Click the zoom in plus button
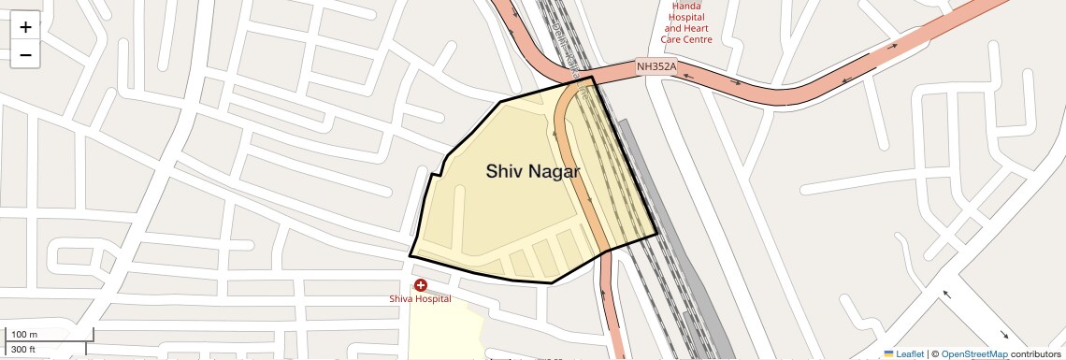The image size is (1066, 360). point(25,27)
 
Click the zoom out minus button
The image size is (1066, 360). point(25,55)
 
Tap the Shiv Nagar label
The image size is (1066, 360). point(532,172)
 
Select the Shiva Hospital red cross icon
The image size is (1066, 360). point(421,285)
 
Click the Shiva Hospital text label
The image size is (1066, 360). point(421,299)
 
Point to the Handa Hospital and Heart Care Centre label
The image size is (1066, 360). point(686,22)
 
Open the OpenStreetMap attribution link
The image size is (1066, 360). point(974,353)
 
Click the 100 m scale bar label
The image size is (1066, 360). point(24,335)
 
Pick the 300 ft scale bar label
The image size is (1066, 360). point(23,350)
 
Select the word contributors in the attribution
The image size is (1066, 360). point(1035,353)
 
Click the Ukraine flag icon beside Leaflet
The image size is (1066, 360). point(888,353)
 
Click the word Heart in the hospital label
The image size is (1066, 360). point(698,28)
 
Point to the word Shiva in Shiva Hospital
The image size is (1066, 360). point(403,299)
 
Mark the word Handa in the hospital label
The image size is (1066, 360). point(686,6)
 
